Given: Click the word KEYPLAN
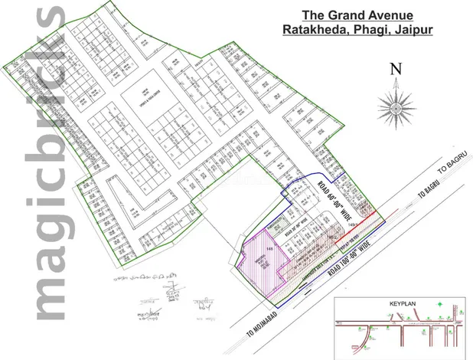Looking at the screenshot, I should click(x=392, y=304).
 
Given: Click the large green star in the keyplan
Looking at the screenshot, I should click(x=439, y=306).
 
